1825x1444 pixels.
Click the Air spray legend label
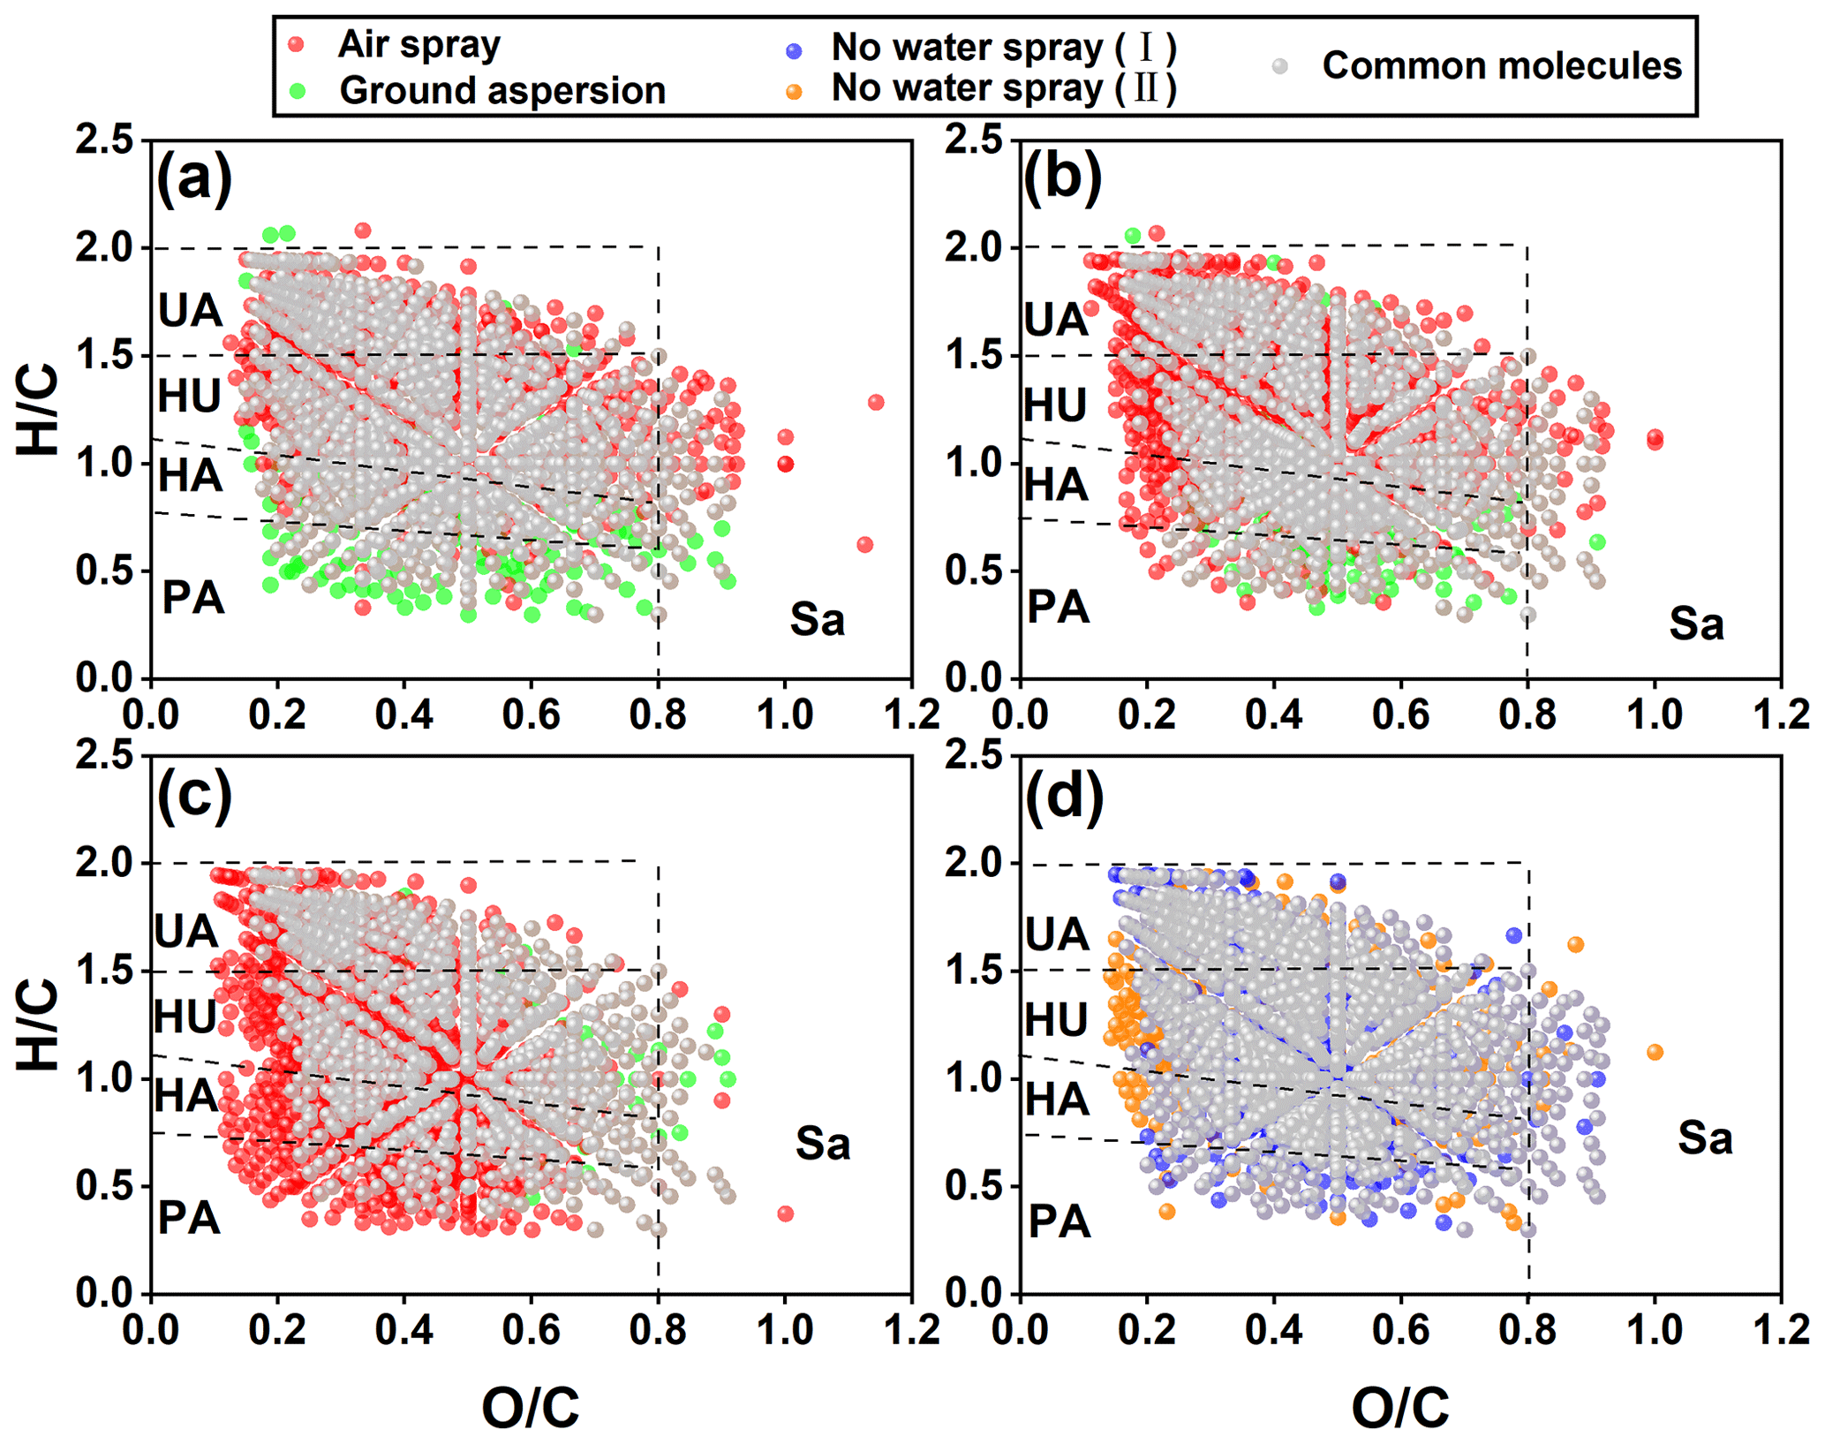[x=419, y=44]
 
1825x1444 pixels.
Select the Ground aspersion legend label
[x=501, y=90]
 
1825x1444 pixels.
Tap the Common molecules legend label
[x=1501, y=66]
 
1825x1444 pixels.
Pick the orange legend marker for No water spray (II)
[x=794, y=91]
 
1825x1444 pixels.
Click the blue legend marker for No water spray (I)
[x=794, y=50]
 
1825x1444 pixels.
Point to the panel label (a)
[x=194, y=178]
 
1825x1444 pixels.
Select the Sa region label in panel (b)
[x=1695, y=624]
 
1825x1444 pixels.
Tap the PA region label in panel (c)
[x=189, y=1219]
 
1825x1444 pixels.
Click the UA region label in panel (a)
[x=190, y=311]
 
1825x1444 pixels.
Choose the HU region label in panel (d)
[x=1056, y=1020]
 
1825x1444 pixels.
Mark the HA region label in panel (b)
[x=1056, y=485]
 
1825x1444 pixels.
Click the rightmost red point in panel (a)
[x=876, y=403]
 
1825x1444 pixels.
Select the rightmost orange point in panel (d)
[x=1655, y=1052]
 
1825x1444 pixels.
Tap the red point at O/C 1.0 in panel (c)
[x=785, y=1213]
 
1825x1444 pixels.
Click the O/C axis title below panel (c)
[x=531, y=1407]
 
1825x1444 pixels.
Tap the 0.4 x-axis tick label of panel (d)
[x=1273, y=1330]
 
